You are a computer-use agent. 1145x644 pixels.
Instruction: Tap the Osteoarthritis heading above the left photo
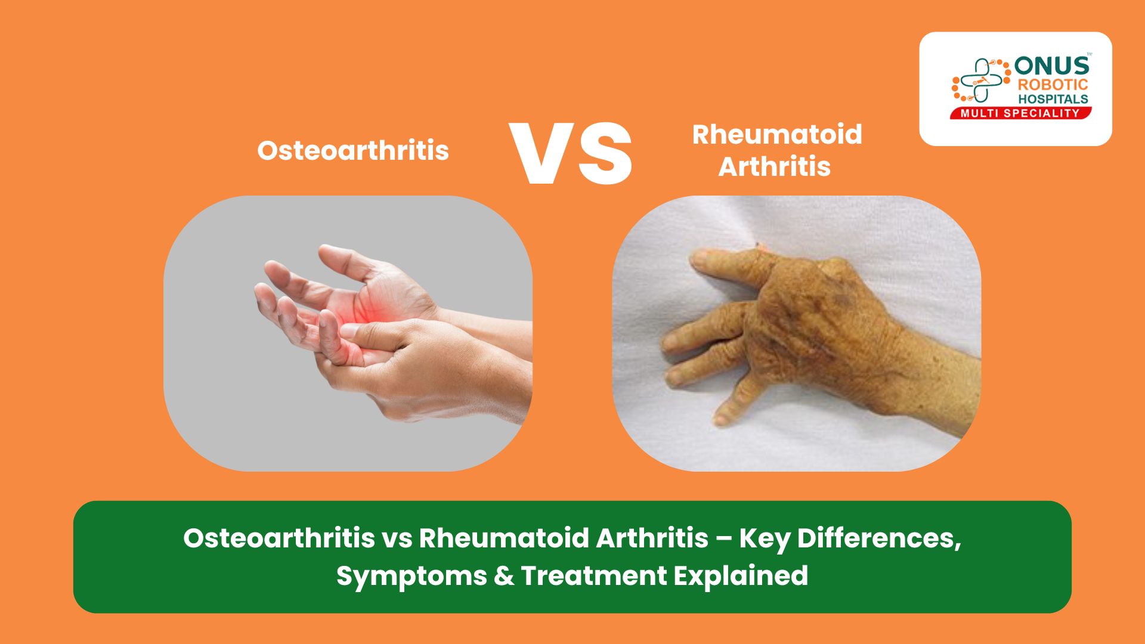(x=353, y=150)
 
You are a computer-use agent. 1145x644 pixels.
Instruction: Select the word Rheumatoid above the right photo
(x=776, y=135)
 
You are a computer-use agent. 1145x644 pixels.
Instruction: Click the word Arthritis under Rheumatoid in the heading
(x=774, y=166)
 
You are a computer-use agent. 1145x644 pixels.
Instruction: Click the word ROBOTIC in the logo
(x=1053, y=85)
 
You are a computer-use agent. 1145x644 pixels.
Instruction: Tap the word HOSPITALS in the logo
(x=1053, y=99)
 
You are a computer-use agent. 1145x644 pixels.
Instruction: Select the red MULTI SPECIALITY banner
(x=1020, y=113)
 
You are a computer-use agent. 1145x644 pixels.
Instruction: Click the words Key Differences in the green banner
(x=849, y=538)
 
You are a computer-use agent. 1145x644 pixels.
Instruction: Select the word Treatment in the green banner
(x=593, y=576)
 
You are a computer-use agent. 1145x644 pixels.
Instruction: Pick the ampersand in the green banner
(x=504, y=576)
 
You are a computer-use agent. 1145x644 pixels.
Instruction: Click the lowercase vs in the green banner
(x=397, y=538)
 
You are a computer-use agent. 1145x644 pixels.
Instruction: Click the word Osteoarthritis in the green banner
(x=279, y=538)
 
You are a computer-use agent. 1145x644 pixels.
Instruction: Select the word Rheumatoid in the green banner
(x=503, y=538)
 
